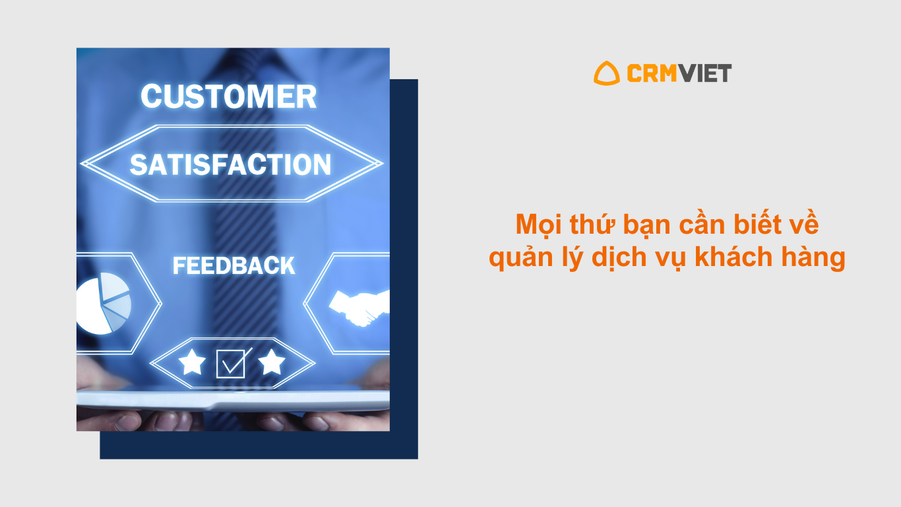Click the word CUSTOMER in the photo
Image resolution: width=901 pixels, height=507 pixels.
pos(228,96)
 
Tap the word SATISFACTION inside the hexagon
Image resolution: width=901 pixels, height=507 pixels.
pos(230,164)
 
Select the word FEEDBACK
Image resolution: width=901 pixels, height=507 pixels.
pos(233,266)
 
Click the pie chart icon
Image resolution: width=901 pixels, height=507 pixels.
pos(104,304)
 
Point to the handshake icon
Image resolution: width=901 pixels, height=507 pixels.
pos(359,307)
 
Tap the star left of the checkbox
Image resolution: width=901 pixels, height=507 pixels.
pos(192,362)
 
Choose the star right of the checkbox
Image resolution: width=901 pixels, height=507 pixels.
pos(272,362)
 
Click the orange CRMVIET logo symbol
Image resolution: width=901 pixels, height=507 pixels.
pos(607,73)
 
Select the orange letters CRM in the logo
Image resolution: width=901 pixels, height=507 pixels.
pos(652,73)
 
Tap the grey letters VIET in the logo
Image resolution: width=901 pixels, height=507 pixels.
pos(704,73)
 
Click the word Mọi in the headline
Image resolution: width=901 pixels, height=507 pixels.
pos(539,225)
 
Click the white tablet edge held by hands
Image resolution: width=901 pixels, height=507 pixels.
pos(233,401)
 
